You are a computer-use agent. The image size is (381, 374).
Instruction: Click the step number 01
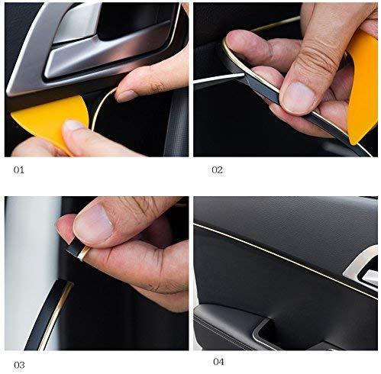coord(19,169)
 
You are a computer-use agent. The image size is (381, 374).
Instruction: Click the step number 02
coord(217,169)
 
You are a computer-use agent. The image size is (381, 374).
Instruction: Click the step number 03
coord(19,363)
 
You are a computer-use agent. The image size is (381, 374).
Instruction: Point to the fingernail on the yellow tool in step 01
coord(74,124)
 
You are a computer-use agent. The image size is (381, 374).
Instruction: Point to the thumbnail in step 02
coord(299,98)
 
